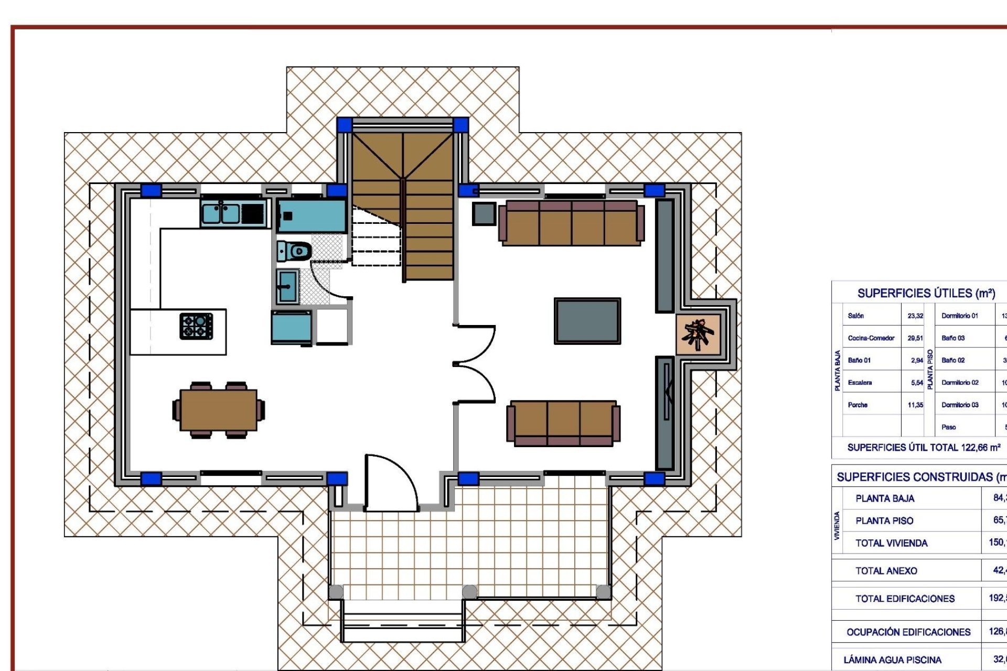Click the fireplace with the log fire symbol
point(698,334)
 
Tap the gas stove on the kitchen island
point(196,326)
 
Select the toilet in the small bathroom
point(295,251)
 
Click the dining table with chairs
point(218,409)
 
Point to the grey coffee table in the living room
point(587,321)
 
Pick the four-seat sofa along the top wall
point(571,223)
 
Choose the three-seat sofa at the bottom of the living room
point(563,424)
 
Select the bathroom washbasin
point(287,286)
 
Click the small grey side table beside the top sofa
point(484,213)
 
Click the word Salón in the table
point(855,316)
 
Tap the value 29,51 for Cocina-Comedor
point(915,338)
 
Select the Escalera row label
point(860,383)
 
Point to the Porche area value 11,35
point(915,405)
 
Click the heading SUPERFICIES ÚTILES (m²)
point(926,294)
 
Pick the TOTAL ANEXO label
point(886,571)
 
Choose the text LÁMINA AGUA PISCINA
point(892,660)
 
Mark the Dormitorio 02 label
point(960,383)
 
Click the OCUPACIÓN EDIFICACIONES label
point(908,632)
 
